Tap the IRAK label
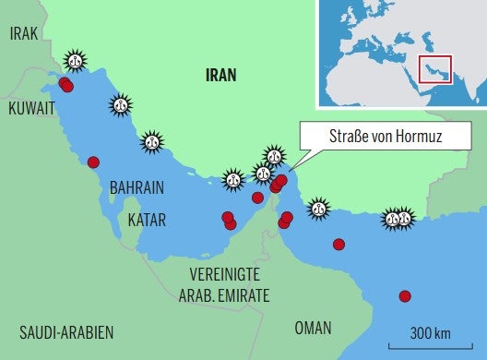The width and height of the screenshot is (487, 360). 24,34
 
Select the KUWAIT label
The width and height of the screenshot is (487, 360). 32,108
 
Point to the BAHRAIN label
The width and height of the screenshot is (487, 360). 137,187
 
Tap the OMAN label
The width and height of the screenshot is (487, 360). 314,328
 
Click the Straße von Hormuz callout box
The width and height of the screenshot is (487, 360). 385,138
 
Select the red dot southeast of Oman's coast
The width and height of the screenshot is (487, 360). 404,296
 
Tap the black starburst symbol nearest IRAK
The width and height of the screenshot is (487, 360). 76,62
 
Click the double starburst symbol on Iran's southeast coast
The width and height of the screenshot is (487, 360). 399,219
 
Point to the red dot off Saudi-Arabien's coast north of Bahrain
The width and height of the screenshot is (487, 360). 93,162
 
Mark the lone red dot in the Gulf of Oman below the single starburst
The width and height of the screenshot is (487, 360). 339,245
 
